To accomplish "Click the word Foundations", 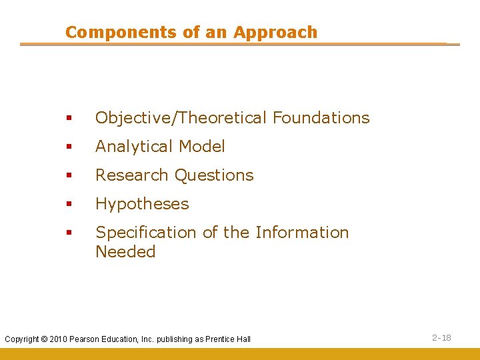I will (x=321, y=118).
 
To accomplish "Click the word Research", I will (x=132, y=175).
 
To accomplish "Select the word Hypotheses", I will (x=142, y=204).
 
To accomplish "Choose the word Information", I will (x=302, y=233).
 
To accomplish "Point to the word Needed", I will (x=125, y=252).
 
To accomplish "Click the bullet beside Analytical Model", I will (x=69, y=147).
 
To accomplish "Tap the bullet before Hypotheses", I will (x=69, y=205).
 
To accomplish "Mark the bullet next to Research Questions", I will (x=69, y=176).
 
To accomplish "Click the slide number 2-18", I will (x=441, y=338).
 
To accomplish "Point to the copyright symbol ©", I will (x=44, y=339).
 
